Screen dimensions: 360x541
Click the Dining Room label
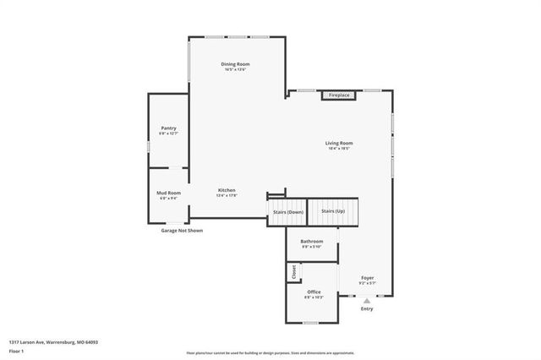point(235,64)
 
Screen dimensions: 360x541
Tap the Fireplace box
point(339,95)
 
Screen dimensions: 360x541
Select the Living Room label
point(339,143)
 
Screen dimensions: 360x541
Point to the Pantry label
point(168,128)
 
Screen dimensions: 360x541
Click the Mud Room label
point(168,193)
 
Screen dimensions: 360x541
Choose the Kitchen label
point(227,190)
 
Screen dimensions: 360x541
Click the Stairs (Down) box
point(287,211)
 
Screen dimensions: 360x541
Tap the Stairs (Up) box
point(333,210)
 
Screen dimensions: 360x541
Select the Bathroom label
point(312,242)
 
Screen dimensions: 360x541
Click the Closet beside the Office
point(294,272)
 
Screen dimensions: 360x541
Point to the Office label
point(314,292)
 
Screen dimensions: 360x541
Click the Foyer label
point(368,277)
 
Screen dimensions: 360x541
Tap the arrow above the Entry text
point(367,300)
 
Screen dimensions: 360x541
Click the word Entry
point(367,309)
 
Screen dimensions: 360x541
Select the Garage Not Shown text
point(182,230)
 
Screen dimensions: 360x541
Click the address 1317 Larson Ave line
point(54,341)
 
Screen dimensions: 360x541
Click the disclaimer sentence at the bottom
point(270,352)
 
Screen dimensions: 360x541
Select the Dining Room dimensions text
point(235,69)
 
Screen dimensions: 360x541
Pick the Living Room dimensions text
point(339,148)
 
